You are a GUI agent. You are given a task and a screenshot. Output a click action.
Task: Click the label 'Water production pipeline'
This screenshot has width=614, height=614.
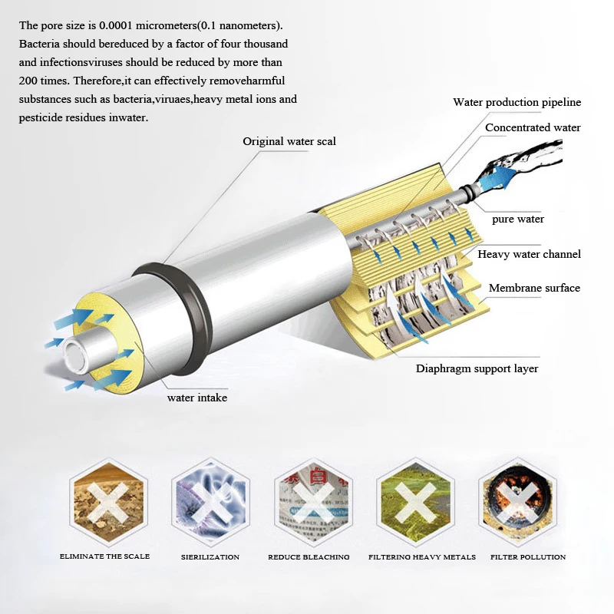pos(517,102)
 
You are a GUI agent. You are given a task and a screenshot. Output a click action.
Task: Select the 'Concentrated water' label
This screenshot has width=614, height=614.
pos(533,127)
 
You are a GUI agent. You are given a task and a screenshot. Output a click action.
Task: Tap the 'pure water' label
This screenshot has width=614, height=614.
pos(518,220)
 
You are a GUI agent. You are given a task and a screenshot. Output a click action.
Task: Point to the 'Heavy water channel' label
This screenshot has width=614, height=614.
pos(529,254)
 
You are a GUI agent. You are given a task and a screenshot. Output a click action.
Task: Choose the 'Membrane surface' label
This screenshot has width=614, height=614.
pos(534,288)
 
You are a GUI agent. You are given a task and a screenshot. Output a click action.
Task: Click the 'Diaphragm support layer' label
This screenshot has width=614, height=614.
pos(477,368)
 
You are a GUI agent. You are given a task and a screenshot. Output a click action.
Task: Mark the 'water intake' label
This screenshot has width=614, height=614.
pos(197,398)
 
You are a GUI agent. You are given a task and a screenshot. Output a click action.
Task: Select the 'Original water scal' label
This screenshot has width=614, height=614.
pos(289,141)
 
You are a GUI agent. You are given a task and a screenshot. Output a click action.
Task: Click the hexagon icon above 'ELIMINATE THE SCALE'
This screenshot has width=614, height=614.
pos(105,503)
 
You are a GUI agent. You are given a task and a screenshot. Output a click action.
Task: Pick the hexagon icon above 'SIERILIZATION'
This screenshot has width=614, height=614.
pos(210,503)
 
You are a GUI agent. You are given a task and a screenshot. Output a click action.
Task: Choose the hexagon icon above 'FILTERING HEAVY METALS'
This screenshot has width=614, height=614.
pos(415,503)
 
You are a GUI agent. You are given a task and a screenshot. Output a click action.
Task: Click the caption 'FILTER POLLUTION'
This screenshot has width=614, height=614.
pos(528,556)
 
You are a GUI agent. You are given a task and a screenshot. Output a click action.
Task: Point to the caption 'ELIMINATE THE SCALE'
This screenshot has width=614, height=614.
pos(104,556)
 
